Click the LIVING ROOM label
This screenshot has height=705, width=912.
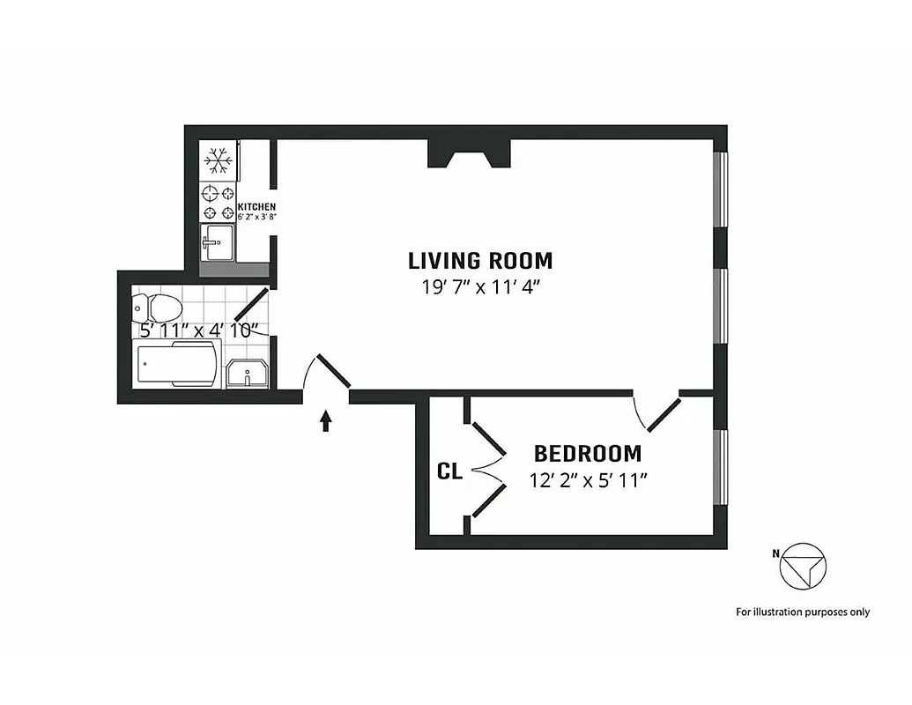pyautogui.click(x=480, y=261)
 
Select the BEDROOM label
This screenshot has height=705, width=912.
pyautogui.click(x=588, y=455)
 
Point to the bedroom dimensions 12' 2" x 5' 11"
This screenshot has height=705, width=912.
pyautogui.click(x=588, y=481)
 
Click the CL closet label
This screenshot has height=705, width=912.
pyautogui.click(x=449, y=472)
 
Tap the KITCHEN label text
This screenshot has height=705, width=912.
pyautogui.click(x=256, y=207)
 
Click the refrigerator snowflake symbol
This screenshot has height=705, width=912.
pyautogui.click(x=218, y=160)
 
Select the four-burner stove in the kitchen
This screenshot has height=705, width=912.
pyautogui.click(x=218, y=203)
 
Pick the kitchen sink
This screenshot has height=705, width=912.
pyautogui.click(x=217, y=242)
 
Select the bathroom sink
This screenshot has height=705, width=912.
pyautogui.click(x=248, y=374)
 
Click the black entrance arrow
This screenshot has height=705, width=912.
pyautogui.click(x=326, y=421)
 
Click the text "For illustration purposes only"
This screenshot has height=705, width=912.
pyautogui.click(x=803, y=612)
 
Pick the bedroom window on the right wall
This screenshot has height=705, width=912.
pyautogui.click(x=722, y=467)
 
